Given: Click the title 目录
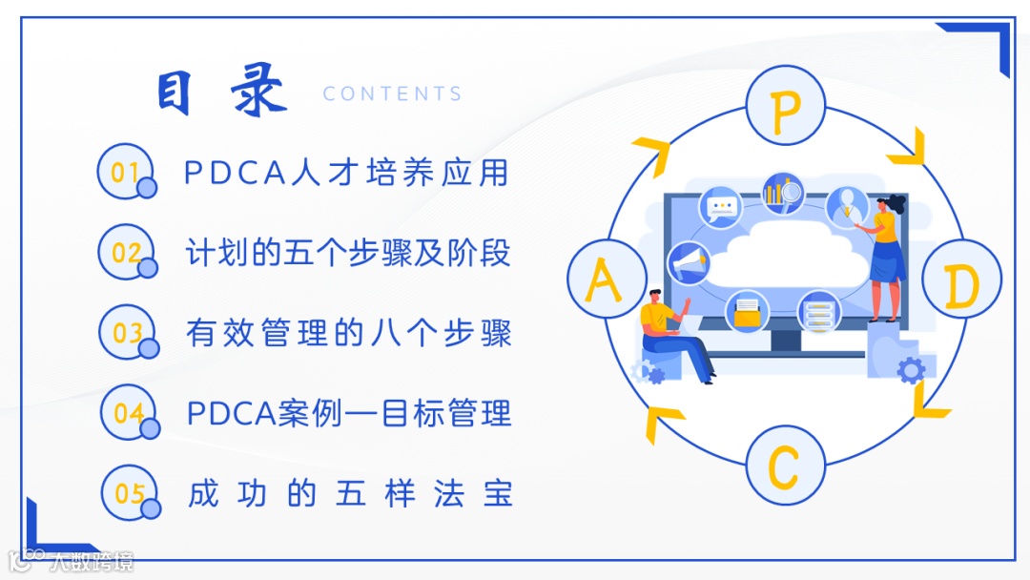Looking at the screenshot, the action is tap(222, 93).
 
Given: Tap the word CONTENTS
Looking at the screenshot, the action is tap(392, 93).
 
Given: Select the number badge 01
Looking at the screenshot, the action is tap(126, 172).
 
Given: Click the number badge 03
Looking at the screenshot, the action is tap(127, 333).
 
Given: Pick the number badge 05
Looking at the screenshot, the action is tap(130, 493).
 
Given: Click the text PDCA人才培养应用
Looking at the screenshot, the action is tap(346, 173).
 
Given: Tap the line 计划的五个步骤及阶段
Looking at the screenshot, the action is tap(348, 253).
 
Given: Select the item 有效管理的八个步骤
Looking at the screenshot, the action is tap(349, 333).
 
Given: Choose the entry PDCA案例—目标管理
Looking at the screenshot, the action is tap(349, 414).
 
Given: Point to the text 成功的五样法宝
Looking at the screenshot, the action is tap(351, 494).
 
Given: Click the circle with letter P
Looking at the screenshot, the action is tap(785, 106).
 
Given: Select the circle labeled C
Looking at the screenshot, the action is tap(785, 466).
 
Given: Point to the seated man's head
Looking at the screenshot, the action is tap(656, 298).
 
